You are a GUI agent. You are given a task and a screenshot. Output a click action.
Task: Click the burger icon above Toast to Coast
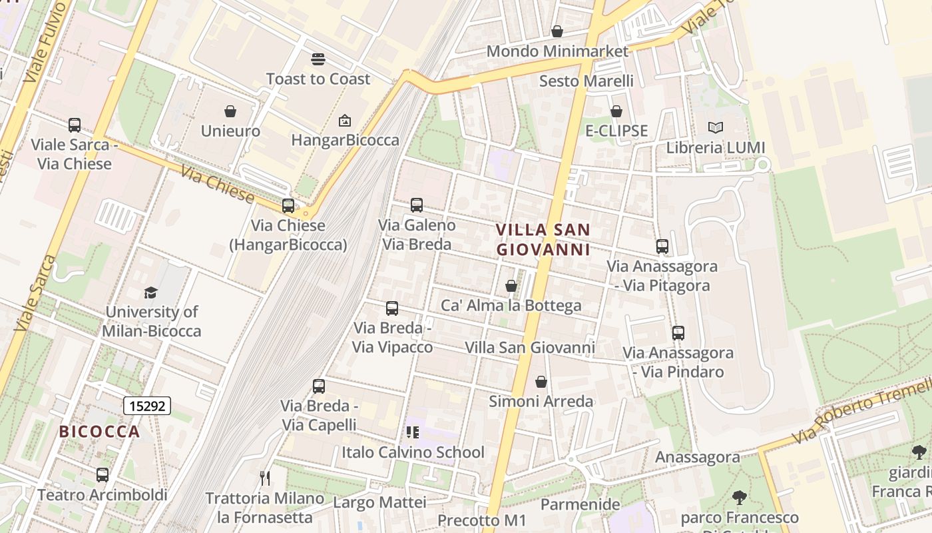pyautogui.click(x=318, y=59)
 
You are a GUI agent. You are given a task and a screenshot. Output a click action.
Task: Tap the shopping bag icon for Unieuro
pyautogui.click(x=230, y=111)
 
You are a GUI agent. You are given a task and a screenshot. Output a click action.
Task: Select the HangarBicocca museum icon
pyautogui.click(x=345, y=121)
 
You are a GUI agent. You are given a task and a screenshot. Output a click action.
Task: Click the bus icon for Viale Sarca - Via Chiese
pyautogui.click(x=75, y=125)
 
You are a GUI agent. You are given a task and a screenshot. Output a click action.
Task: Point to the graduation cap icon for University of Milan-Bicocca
pyautogui.click(x=151, y=292)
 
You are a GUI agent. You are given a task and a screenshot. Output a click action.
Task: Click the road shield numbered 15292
pyautogui.click(x=147, y=405)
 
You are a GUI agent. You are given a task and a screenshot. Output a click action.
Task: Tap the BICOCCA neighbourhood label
pyautogui.click(x=100, y=432)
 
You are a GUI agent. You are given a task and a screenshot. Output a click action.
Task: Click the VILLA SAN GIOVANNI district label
pyautogui.click(x=543, y=240)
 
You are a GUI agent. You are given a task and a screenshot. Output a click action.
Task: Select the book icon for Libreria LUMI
pyautogui.click(x=716, y=128)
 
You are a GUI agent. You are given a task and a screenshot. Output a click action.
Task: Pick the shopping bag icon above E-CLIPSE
pyautogui.click(x=616, y=111)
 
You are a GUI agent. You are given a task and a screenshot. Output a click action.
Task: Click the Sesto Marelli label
pyautogui.click(x=586, y=81)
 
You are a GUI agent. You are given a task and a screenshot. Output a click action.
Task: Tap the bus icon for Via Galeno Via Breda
pyautogui.click(x=417, y=205)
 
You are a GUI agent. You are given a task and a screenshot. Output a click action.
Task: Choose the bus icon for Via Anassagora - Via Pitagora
pyautogui.click(x=662, y=247)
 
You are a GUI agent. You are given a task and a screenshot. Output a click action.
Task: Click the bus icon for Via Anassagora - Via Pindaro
pyautogui.click(x=678, y=333)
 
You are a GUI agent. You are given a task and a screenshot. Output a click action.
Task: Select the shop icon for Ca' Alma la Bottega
pyautogui.click(x=511, y=286)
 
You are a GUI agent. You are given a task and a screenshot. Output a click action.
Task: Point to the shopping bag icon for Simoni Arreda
pyautogui.click(x=541, y=382)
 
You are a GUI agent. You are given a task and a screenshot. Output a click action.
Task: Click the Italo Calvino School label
pyautogui.click(x=413, y=452)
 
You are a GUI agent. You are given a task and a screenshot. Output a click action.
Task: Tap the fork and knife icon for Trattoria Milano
pyautogui.click(x=265, y=478)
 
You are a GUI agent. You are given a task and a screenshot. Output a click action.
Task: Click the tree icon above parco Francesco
pyautogui.click(x=739, y=497)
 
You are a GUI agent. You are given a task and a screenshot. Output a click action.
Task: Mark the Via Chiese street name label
pyautogui.click(x=218, y=185)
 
